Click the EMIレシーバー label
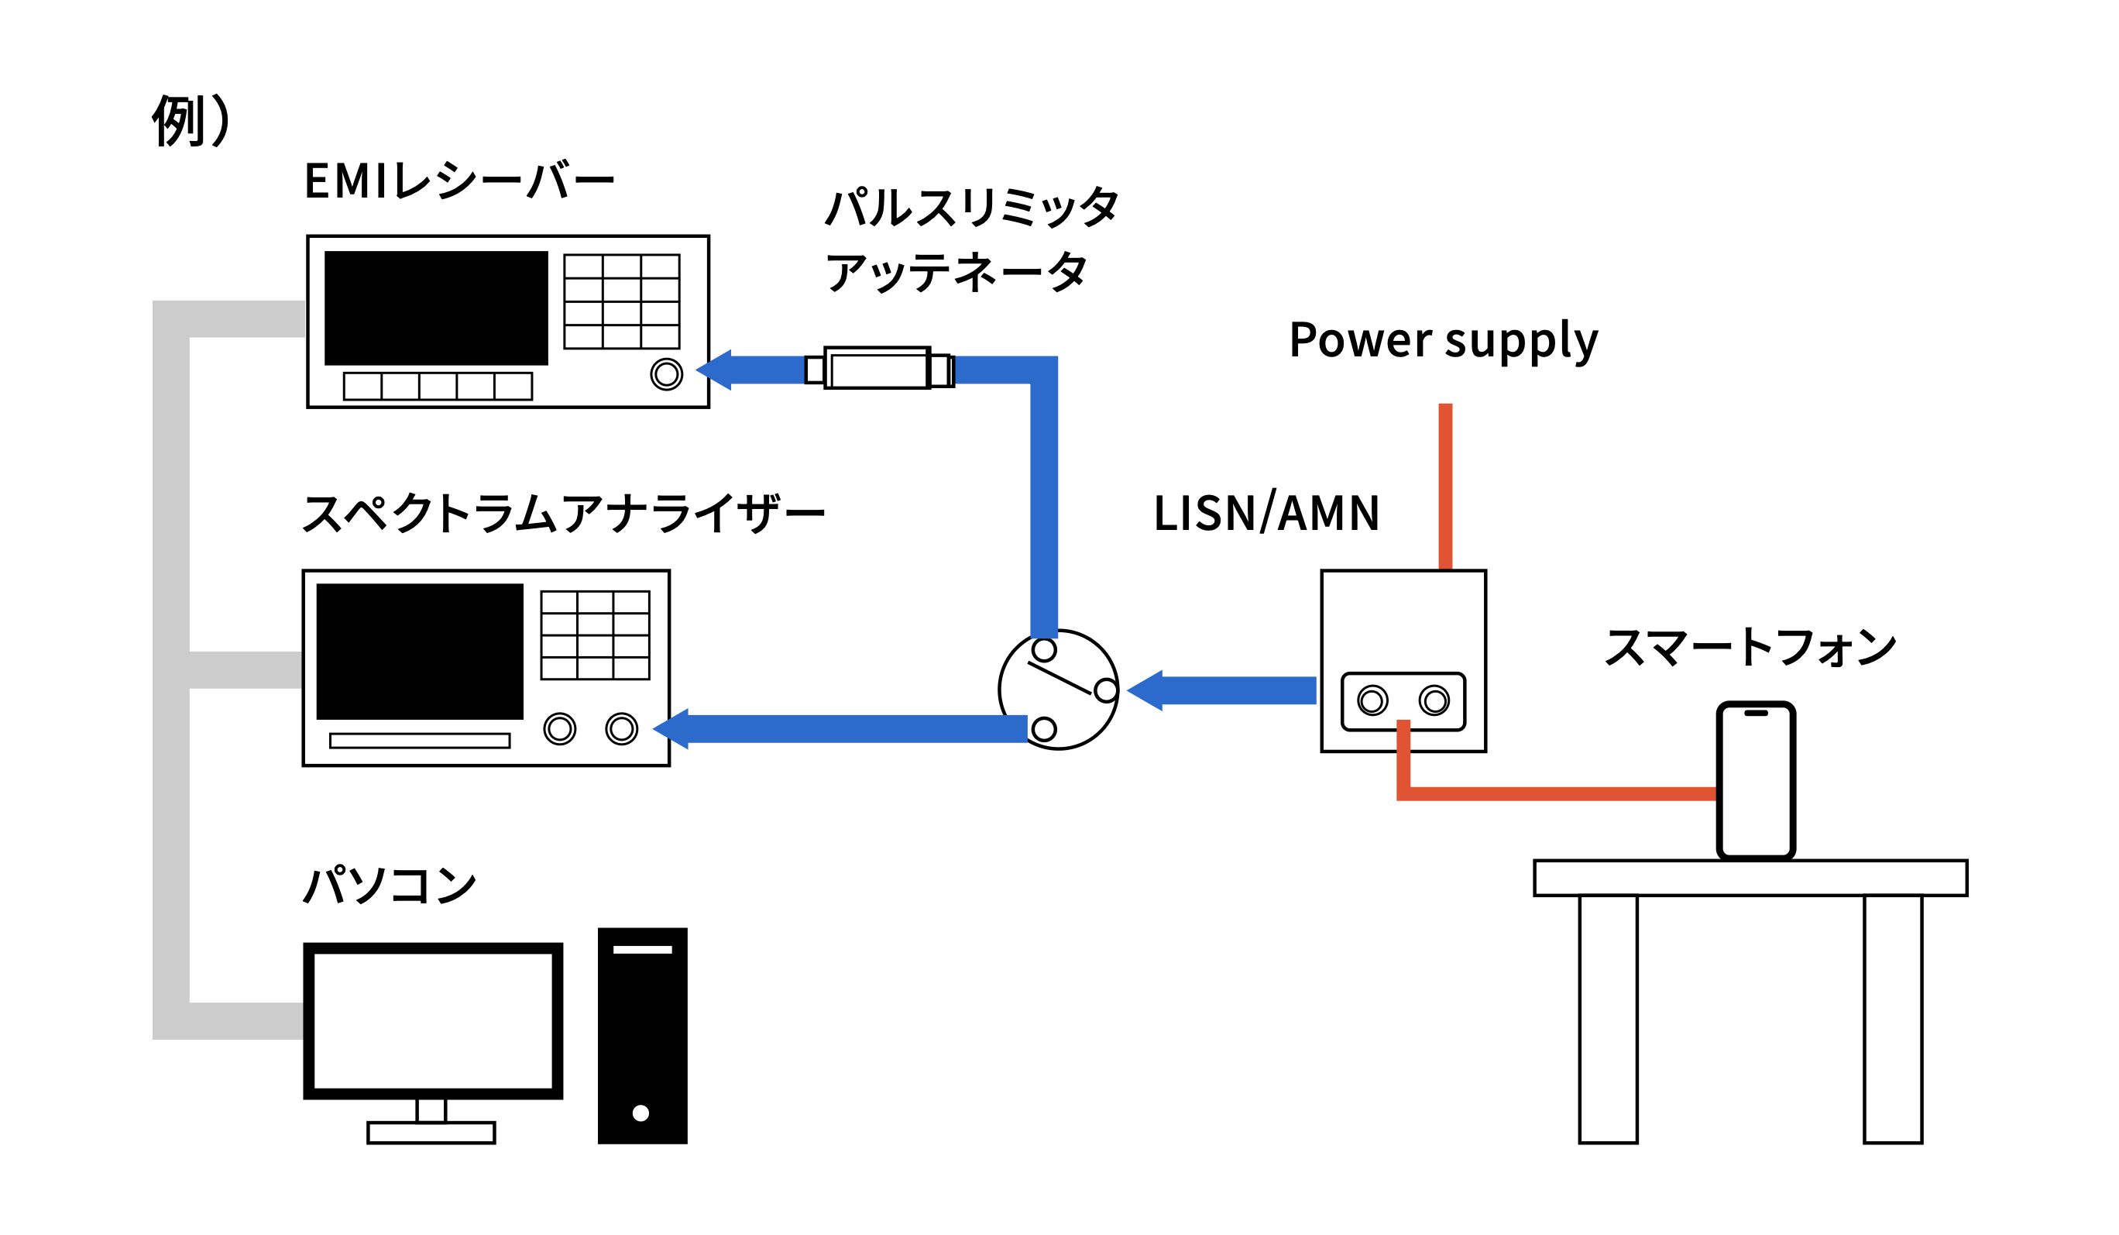click(x=459, y=180)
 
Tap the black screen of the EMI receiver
click(x=435, y=308)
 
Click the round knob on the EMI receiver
click(x=666, y=374)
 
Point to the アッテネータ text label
click(x=956, y=272)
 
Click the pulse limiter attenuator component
click(x=877, y=369)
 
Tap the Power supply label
click(x=1443, y=341)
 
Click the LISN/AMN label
click(x=1266, y=513)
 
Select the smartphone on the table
click(x=1756, y=781)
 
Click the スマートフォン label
click(x=1750, y=648)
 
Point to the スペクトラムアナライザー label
click(x=563, y=513)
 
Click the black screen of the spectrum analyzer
click(x=420, y=651)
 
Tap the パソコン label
click(x=390, y=885)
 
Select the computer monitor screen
click(x=433, y=1020)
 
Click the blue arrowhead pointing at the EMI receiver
click(x=715, y=370)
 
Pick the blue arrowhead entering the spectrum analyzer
click(x=671, y=728)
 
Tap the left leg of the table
click(x=1608, y=1018)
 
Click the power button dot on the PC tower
click(x=641, y=1113)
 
